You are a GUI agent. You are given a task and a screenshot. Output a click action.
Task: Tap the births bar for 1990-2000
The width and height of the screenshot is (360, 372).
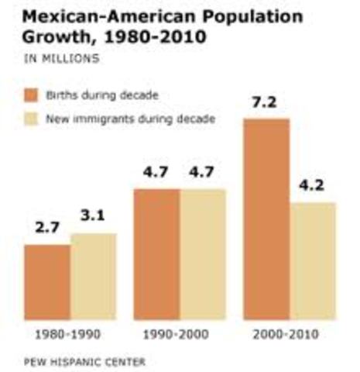pos(157,254)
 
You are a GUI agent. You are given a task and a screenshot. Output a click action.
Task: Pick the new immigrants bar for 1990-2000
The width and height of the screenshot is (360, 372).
pos(203,254)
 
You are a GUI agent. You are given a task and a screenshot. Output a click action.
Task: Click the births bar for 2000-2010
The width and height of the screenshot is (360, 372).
pos(266,219)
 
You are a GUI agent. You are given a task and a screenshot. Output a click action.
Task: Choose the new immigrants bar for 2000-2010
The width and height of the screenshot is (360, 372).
pos(313,261)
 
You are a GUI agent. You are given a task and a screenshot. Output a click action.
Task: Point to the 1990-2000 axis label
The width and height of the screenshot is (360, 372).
pos(180,336)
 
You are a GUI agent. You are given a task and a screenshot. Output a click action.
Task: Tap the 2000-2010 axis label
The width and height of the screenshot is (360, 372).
pos(290,336)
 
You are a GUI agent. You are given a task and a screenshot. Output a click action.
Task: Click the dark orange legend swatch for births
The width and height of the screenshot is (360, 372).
pos(33,96)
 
